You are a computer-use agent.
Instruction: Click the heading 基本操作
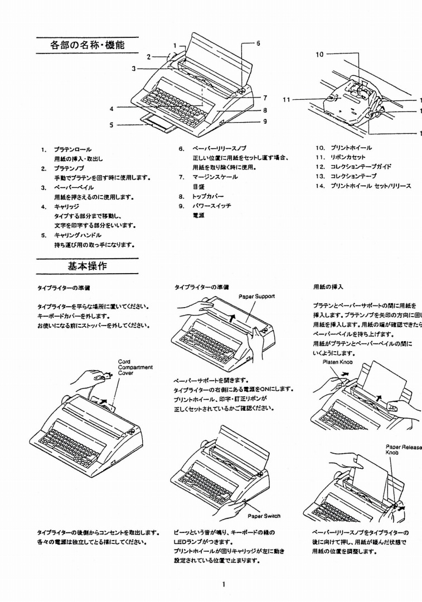pyautogui.click(x=88, y=266)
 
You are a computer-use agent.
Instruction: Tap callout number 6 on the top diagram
pyautogui.click(x=258, y=43)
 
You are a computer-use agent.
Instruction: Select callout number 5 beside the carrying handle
pyautogui.click(x=112, y=125)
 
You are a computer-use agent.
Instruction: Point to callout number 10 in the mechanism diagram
pyautogui.click(x=319, y=55)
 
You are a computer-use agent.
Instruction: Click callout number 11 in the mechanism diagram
pyautogui.click(x=287, y=100)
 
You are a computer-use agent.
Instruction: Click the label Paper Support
pyautogui.click(x=256, y=296)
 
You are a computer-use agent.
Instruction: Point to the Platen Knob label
pyautogui.click(x=338, y=362)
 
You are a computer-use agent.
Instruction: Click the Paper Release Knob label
pyautogui.click(x=402, y=449)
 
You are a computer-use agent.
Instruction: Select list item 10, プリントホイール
pyautogui.click(x=351, y=148)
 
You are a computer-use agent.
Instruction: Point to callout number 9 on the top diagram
pyautogui.click(x=265, y=120)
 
